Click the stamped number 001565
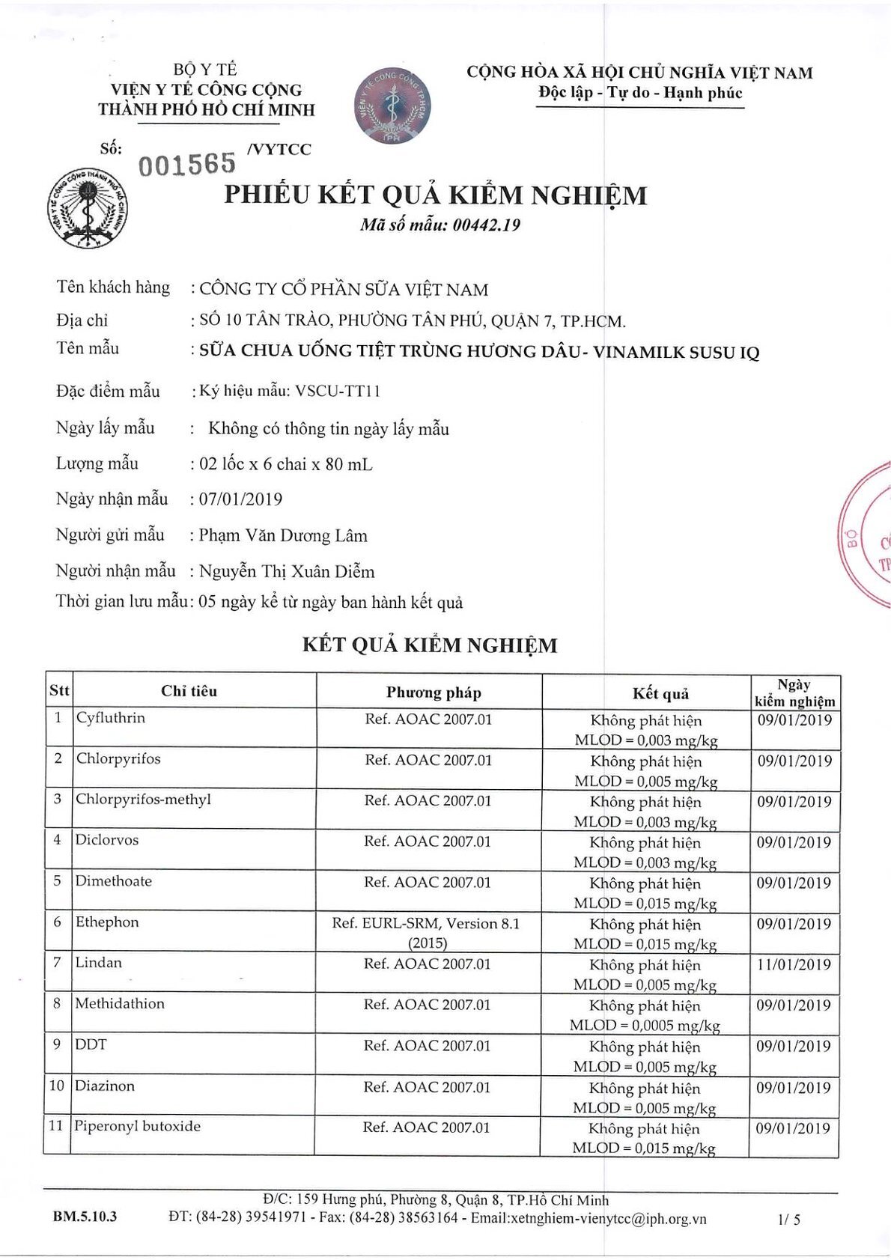coord(187,163)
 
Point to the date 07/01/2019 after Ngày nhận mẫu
coord(241,499)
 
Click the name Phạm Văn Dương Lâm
coord(283,535)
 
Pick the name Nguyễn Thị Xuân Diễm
coord(287,572)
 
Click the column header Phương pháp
coord(434,693)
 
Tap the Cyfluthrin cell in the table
coord(111,718)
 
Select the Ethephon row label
coord(107,922)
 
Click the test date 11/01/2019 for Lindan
coord(794,965)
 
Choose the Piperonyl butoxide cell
coord(138,1127)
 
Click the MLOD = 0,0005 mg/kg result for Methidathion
coord(645,1026)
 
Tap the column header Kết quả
coord(660,693)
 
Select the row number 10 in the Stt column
coord(57,1086)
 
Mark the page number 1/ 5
coord(789,1220)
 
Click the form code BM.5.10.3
coord(85,1217)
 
